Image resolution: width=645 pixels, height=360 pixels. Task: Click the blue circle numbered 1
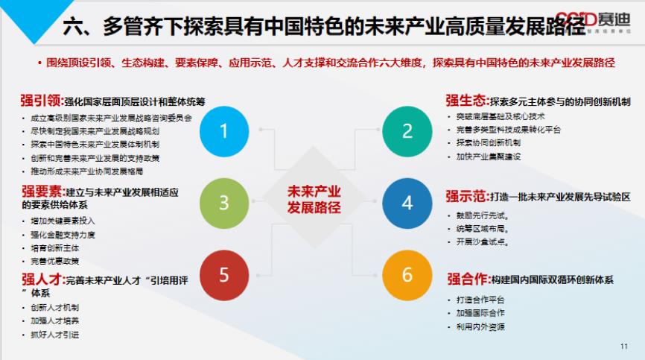pyautogui.click(x=224, y=131)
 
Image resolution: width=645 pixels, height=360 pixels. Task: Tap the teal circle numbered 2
pyautogui.click(x=407, y=131)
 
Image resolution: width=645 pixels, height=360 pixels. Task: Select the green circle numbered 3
pyautogui.click(x=224, y=203)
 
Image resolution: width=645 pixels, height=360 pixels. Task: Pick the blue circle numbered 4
pyautogui.click(x=407, y=203)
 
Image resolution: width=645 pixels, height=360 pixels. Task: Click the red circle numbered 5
pyautogui.click(x=224, y=274)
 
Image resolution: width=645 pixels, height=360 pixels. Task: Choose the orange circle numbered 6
pyautogui.click(x=407, y=274)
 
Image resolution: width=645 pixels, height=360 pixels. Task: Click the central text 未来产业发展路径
pyautogui.click(x=314, y=199)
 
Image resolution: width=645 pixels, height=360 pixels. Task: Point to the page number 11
pyautogui.click(x=623, y=347)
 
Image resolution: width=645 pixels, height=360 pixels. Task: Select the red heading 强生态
pyautogui.click(x=467, y=101)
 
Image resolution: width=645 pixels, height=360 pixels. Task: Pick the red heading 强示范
pyautogui.click(x=467, y=198)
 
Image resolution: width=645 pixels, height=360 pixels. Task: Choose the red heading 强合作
pyautogui.click(x=467, y=280)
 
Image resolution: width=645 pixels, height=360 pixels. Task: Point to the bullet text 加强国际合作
pyautogui.click(x=480, y=314)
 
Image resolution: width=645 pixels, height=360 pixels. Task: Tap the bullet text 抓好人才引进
pyautogui.click(x=55, y=335)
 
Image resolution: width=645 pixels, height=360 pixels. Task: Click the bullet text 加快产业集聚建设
pyautogui.click(x=489, y=157)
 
